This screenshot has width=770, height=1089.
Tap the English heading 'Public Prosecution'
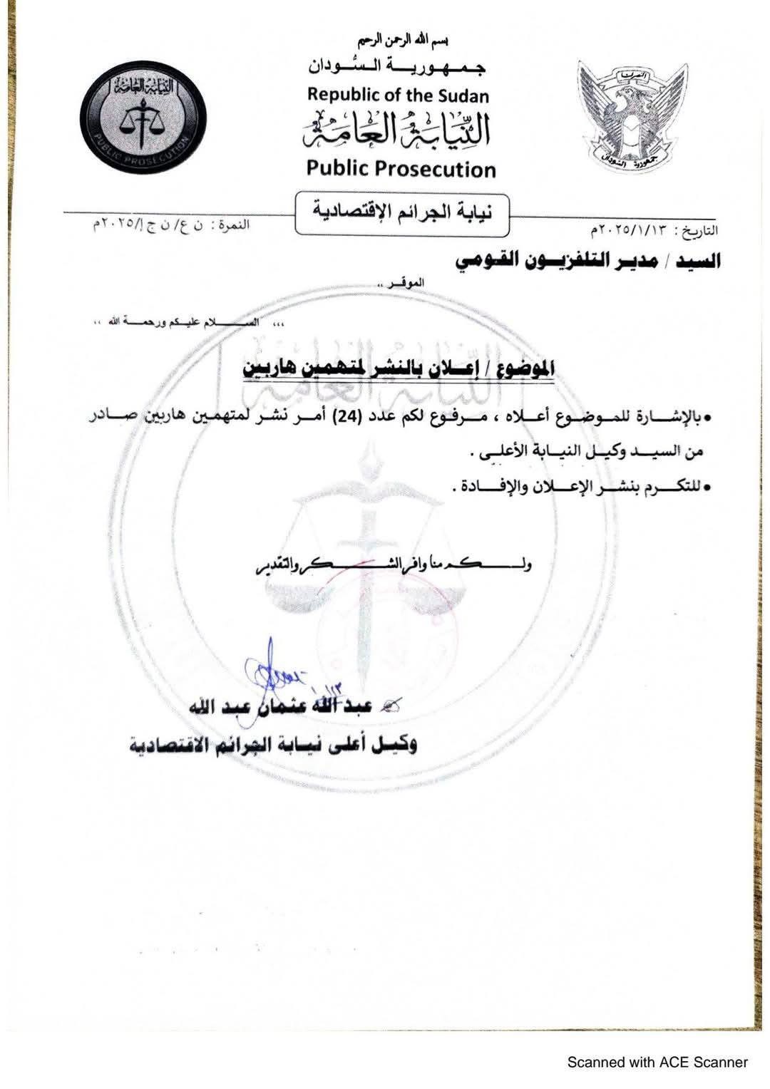[x=400, y=169]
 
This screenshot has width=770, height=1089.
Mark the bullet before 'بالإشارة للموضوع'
[x=708, y=420]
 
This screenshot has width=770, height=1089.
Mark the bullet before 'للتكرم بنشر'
[x=708, y=488]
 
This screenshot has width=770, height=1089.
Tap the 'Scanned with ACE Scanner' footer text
[x=657, y=1063]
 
